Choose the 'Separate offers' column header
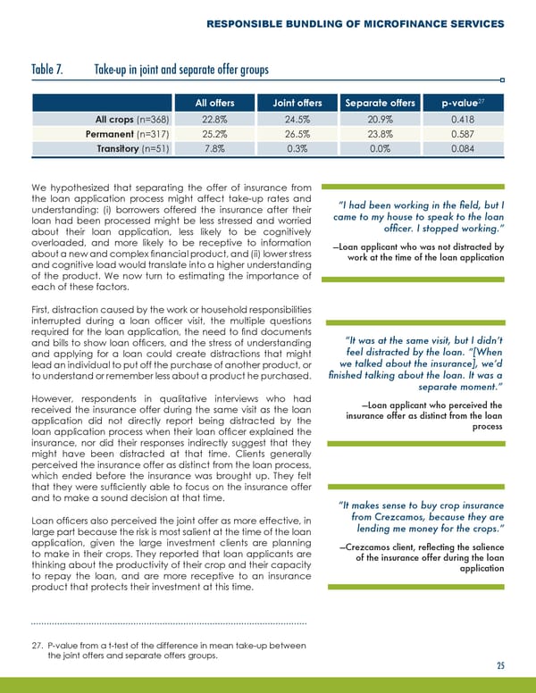point(380,104)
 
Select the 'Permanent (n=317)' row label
point(133,134)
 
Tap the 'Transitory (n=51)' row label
point(136,149)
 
